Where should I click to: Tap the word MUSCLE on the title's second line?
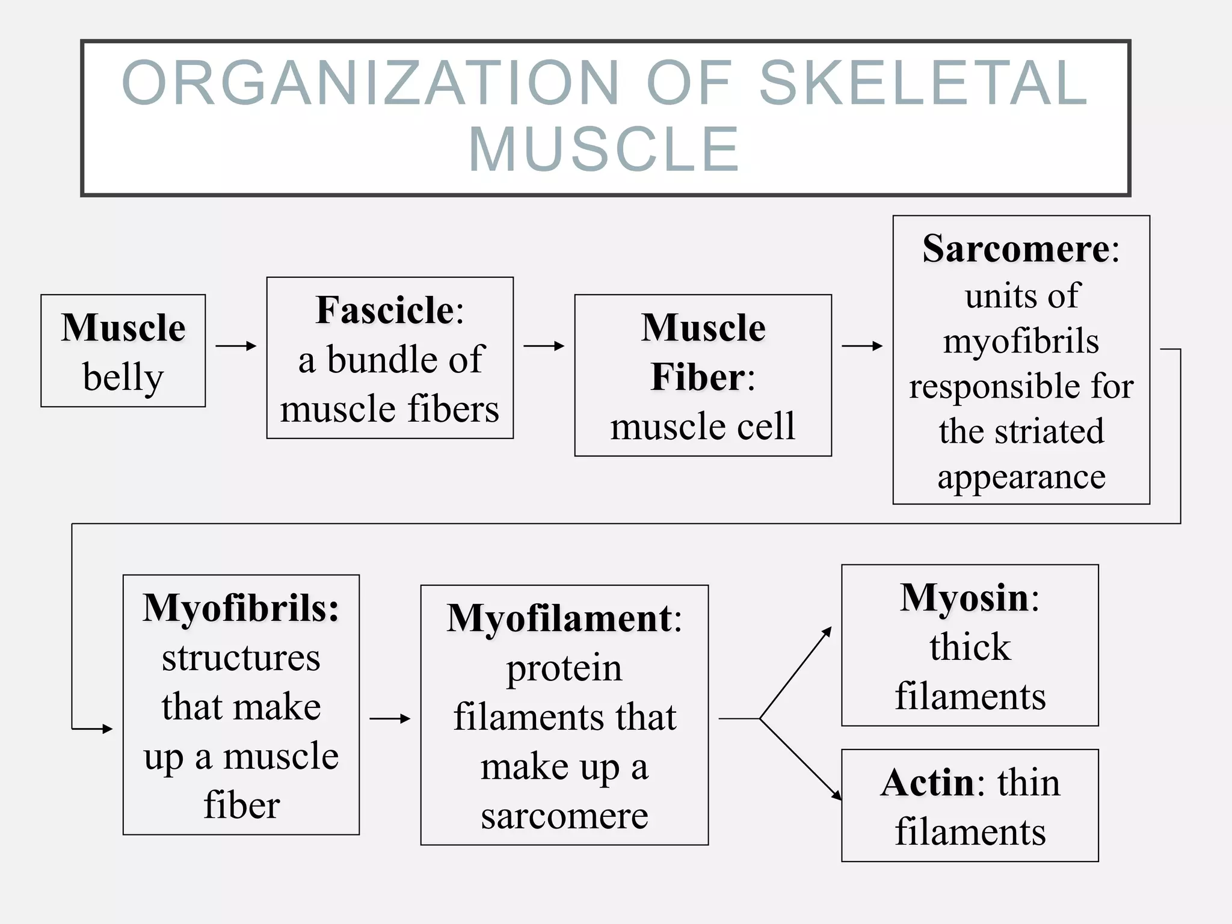604,150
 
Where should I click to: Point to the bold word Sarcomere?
1016,248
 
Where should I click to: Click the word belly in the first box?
123,378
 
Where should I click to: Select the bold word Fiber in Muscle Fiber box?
698,377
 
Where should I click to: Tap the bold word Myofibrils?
241,608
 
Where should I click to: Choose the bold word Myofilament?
559,618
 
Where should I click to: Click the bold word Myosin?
964,598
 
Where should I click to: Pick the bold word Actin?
926,783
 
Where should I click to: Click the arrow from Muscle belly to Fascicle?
236,346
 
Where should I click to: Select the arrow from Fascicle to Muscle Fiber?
544,346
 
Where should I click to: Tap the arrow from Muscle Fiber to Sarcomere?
863,346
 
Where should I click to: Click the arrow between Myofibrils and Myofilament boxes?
390,718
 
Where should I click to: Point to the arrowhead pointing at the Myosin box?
828,632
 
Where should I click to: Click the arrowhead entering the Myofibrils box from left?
107,729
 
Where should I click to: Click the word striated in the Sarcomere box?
1049,431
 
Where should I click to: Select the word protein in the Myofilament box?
564,668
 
